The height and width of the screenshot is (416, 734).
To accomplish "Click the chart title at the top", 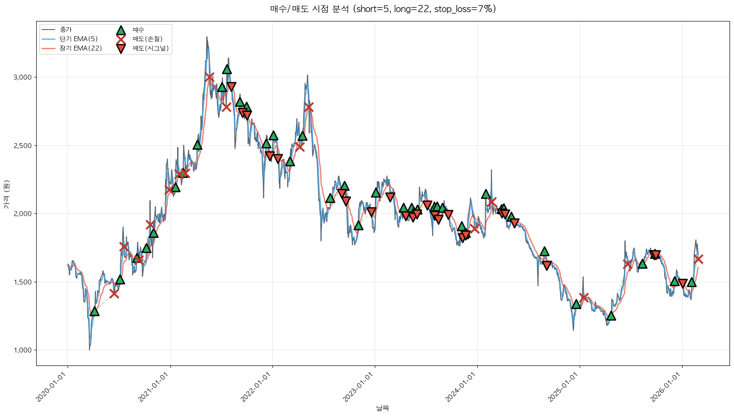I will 383,9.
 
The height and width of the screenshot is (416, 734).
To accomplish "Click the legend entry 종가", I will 65,30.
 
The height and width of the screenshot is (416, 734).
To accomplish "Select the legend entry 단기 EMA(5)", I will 78,39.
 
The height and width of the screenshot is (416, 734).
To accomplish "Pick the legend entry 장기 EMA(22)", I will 81,48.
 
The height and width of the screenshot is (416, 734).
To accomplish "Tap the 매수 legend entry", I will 138,30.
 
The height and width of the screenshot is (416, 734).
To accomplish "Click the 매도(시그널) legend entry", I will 150,48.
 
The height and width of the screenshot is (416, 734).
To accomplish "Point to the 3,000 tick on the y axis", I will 23,77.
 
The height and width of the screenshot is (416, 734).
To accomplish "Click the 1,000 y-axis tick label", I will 23,350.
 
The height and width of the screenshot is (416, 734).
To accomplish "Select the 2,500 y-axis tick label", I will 23,146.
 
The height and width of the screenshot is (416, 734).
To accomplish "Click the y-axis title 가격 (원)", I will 6,195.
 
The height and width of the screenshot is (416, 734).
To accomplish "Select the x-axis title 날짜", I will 382,408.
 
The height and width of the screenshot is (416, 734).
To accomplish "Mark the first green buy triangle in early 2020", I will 94,311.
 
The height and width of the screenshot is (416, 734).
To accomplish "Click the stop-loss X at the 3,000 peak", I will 209,77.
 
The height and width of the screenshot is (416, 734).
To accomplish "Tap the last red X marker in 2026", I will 698,259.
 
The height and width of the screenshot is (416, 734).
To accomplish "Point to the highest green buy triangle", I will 227,69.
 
